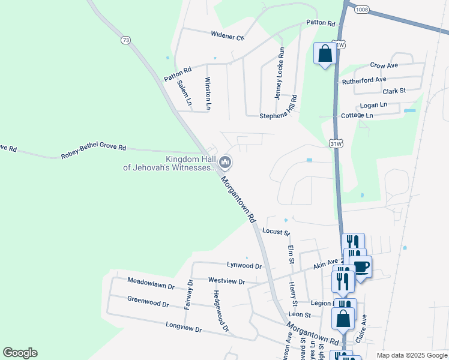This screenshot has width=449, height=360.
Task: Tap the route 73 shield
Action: tap(125, 40)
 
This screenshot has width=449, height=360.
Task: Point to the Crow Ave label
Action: tap(384, 65)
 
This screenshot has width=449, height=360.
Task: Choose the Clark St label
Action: tap(394, 91)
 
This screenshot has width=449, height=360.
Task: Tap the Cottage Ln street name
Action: tap(357, 115)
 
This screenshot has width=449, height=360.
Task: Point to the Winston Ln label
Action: tap(208, 93)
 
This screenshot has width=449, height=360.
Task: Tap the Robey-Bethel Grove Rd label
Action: tap(93, 151)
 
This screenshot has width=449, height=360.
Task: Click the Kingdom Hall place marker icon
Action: tap(225, 161)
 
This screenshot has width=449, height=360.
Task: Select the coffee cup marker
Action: tap(361, 266)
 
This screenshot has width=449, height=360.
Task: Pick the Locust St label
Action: tap(276, 232)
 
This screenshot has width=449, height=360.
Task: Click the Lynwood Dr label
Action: tap(244, 265)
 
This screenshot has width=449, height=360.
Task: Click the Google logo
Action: tap(20, 353)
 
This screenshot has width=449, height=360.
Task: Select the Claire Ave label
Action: tap(361, 328)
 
